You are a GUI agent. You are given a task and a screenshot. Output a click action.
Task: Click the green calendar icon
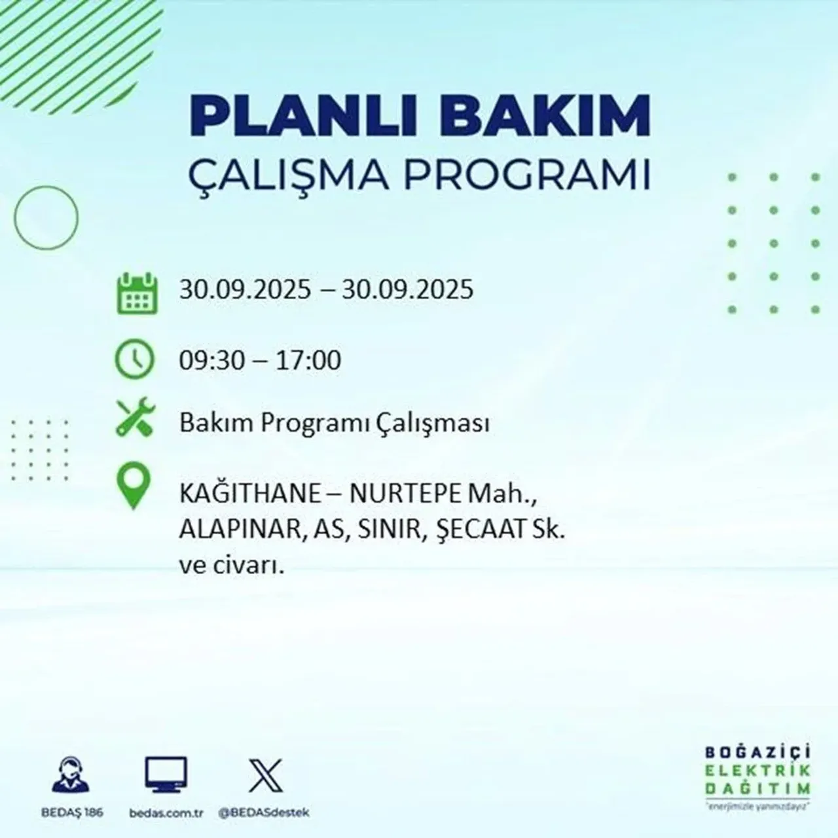pyautogui.click(x=137, y=293)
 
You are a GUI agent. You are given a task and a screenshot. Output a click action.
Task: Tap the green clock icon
pyautogui.click(x=136, y=359)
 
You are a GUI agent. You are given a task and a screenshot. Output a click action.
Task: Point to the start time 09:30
pyautogui.click(x=209, y=361)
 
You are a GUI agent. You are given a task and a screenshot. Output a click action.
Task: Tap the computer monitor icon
pyautogui.click(x=166, y=775)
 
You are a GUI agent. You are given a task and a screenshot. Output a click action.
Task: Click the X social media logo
pyautogui.click(x=266, y=775)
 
